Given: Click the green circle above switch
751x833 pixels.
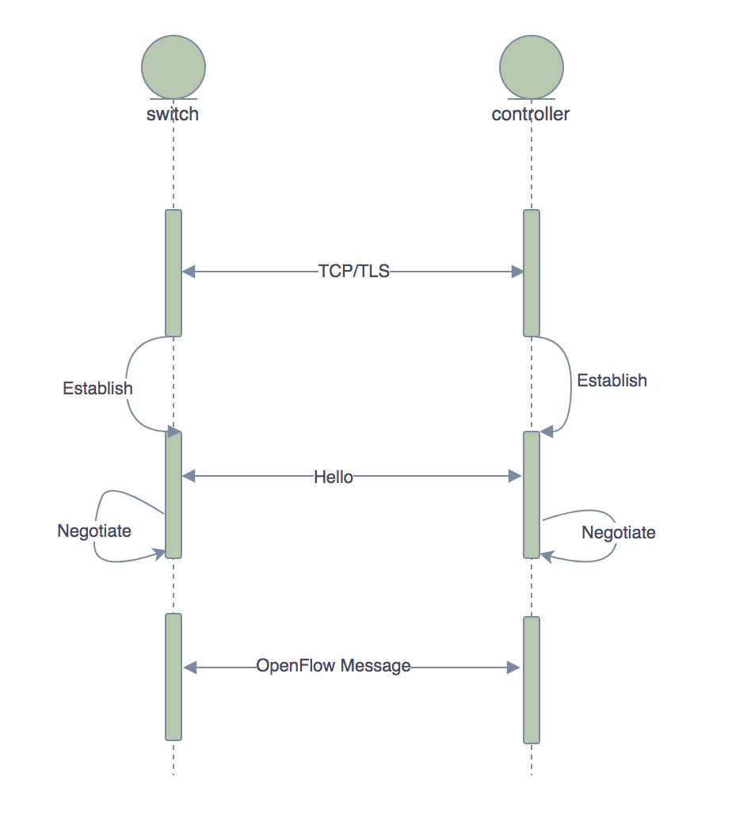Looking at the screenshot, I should click(x=173, y=67).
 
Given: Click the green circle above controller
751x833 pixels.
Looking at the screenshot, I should click(x=532, y=67).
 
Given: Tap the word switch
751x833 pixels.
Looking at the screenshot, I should click(x=173, y=114).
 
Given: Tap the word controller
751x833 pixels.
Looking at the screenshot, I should click(x=531, y=114).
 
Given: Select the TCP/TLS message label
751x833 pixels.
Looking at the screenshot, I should click(x=354, y=272).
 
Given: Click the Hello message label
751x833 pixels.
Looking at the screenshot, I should click(x=334, y=477).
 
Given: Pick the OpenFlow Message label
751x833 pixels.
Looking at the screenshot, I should click(x=334, y=666).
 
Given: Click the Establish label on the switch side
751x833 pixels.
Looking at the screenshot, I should click(x=97, y=389).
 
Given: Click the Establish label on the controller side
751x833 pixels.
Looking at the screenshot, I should click(x=612, y=381).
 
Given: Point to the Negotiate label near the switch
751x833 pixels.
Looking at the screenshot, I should click(x=94, y=531).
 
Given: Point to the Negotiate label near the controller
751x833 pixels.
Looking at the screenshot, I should click(x=619, y=533).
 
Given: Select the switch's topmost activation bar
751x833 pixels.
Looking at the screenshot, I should click(x=173, y=272).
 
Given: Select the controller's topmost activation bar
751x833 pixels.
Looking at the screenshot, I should click(x=532, y=272).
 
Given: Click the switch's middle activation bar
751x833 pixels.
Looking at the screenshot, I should click(x=173, y=494).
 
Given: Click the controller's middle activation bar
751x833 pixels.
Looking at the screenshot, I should click(x=532, y=494).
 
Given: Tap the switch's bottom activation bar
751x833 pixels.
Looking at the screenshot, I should click(x=173, y=676).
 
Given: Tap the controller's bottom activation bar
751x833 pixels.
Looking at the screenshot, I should click(x=532, y=679).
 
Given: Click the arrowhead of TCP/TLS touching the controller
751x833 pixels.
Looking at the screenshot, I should click(x=518, y=272).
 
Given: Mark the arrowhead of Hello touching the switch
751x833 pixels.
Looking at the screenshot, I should click(x=189, y=477).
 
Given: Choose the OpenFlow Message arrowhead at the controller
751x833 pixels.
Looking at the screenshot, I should click(x=513, y=668).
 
